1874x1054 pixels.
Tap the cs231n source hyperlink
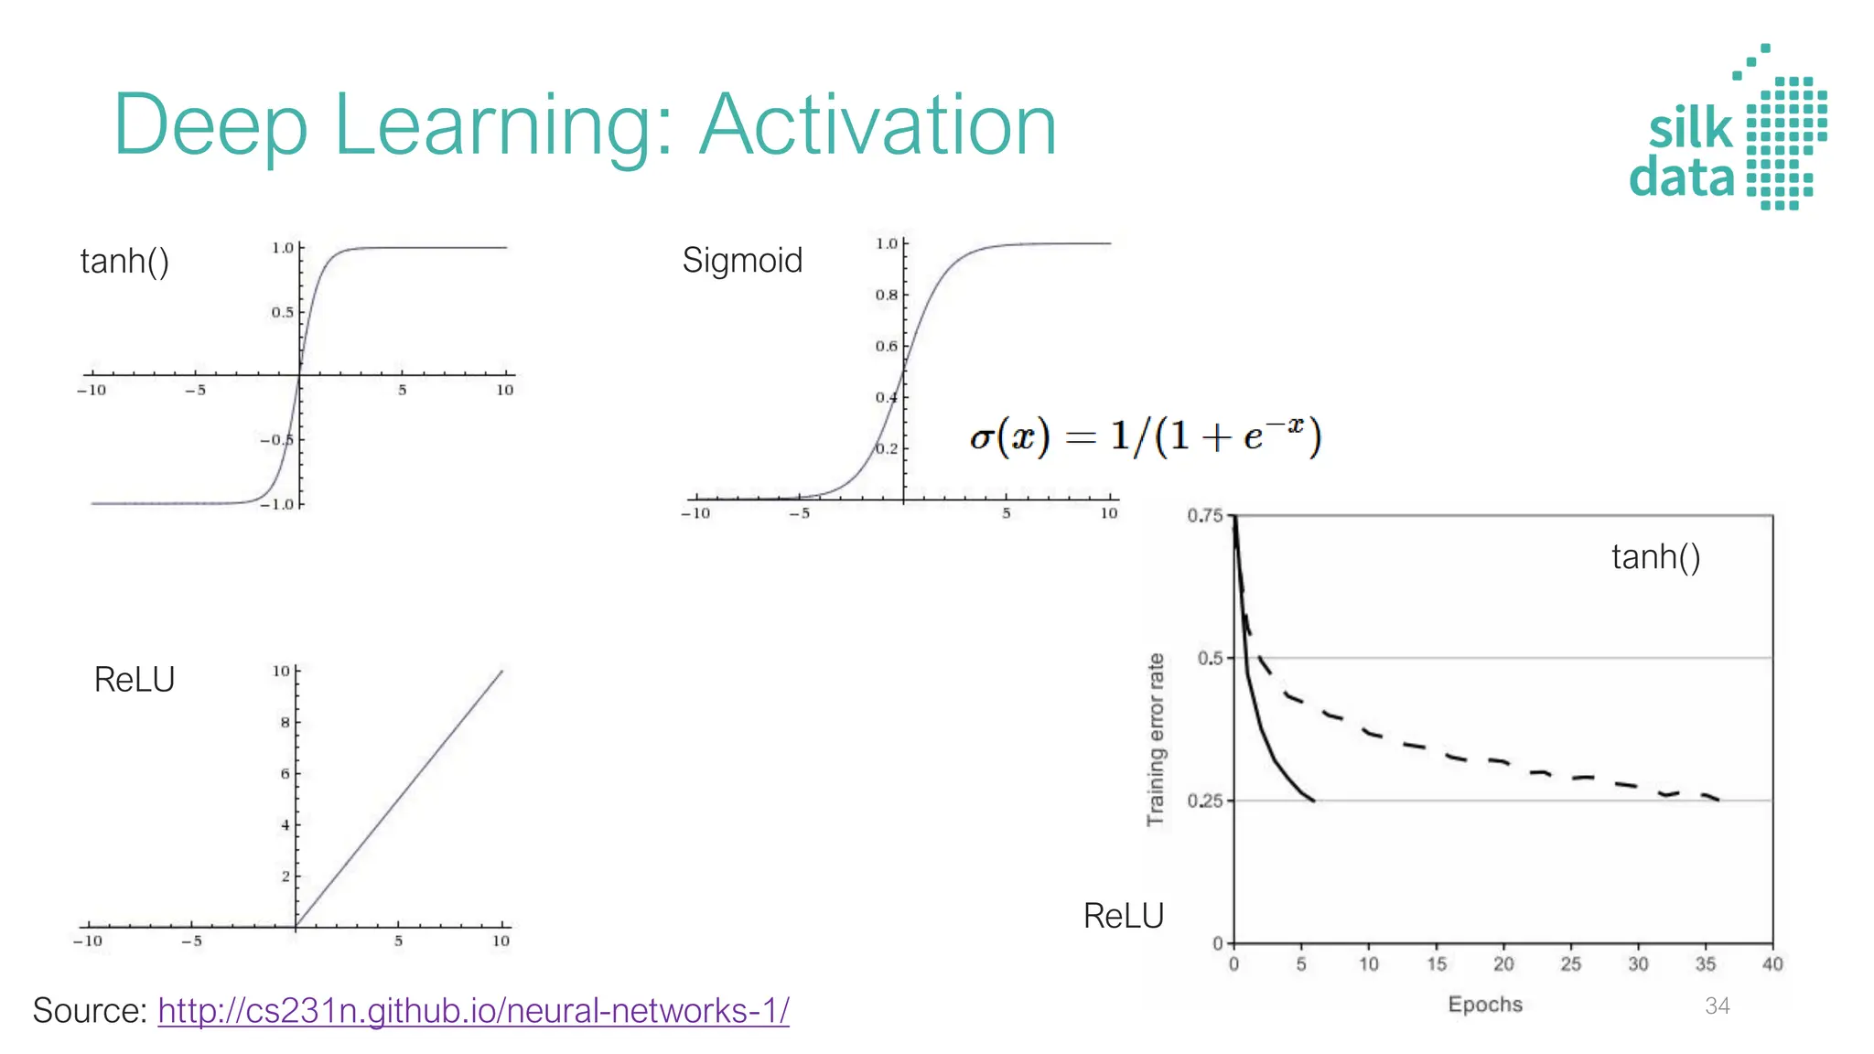[x=473, y=1011]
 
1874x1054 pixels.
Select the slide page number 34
[x=1717, y=1006]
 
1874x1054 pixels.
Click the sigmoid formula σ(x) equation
[x=1145, y=436]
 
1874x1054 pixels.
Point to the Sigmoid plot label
[x=742, y=261]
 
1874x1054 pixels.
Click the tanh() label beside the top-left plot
[x=124, y=262]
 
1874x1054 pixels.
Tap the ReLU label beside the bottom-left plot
[x=134, y=680]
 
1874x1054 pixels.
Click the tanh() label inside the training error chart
[x=1655, y=557]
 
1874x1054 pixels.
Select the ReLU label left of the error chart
[x=1123, y=916]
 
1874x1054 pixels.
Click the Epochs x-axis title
[x=1484, y=1005]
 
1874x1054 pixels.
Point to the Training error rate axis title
[x=1156, y=739]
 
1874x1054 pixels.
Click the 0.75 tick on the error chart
[x=1204, y=516]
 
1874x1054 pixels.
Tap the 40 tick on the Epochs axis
[x=1772, y=964]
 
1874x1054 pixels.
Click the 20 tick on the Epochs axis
[x=1503, y=964]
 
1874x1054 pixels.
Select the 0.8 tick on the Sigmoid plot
[x=886, y=296]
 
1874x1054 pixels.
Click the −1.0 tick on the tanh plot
[x=276, y=504]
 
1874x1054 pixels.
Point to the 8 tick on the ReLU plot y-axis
[x=285, y=723]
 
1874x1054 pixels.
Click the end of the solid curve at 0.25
[x=1313, y=801]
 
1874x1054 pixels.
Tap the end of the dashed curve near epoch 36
[x=1718, y=800]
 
